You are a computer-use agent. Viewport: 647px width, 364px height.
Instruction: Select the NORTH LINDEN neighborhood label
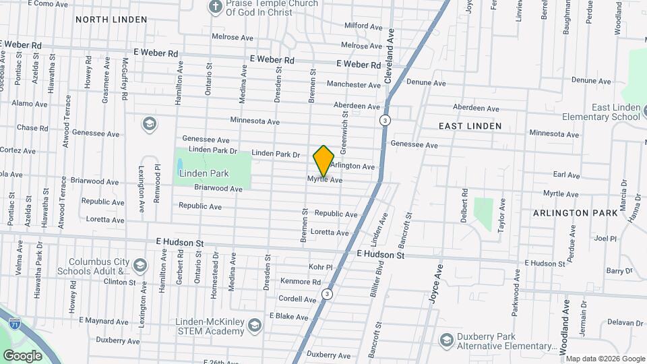tap(111, 20)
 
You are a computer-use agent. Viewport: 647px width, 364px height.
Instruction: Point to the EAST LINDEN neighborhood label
tap(470, 126)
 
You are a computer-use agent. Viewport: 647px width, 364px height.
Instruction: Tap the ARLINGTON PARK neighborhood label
tap(575, 212)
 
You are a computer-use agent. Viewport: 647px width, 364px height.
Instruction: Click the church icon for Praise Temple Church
tap(215, 7)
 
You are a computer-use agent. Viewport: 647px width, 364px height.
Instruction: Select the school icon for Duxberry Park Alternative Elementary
tap(445, 340)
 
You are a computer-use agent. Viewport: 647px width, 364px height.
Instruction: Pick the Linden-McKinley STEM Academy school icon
tap(254, 326)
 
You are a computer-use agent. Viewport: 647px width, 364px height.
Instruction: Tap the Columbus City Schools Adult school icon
tap(140, 265)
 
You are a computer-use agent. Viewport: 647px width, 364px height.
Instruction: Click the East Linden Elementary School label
tap(615, 112)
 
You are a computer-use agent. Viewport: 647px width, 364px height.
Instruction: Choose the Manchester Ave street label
tap(354, 85)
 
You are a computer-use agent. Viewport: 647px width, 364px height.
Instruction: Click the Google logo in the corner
tap(22, 355)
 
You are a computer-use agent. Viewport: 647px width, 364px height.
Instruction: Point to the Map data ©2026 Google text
tap(605, 359)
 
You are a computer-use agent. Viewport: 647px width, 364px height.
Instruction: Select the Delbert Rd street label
tap(464, 202)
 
